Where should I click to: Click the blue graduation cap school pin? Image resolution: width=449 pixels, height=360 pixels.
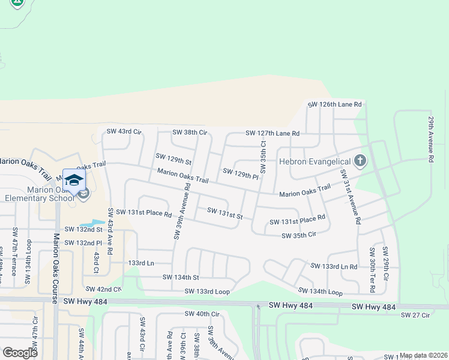coord(74,180)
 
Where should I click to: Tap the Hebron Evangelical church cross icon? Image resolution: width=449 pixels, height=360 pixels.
coord(360,161)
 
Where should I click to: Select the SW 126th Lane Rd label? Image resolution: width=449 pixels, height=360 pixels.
coord(335,104)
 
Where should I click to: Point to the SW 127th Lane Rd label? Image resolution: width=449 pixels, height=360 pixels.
coord(272,133)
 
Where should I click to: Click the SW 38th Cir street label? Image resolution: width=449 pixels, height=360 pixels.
coord(190,132)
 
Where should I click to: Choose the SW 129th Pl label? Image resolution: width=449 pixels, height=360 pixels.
coord(240,174)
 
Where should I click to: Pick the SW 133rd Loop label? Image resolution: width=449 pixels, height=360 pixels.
coord(207,291)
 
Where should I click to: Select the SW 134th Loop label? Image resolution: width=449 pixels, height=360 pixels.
coord(321,292)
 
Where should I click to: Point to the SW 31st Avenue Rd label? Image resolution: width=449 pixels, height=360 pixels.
coord(350,196)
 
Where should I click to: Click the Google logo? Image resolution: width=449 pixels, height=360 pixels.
coord(20,352)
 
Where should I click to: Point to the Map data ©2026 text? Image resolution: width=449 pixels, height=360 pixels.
coord(424,355)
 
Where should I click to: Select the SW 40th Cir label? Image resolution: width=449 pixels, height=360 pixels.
coord(202,314)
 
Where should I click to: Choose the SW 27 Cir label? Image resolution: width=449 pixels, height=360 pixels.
coord(415,315)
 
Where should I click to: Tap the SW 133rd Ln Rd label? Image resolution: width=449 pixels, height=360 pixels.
coord(334,266)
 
